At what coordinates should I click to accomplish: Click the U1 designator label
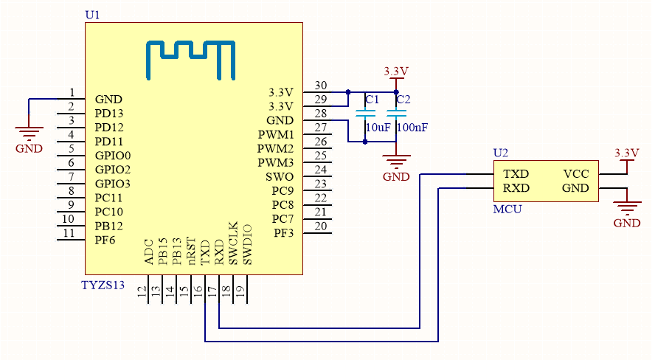click(92, 15)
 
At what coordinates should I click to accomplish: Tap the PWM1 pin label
click(276, 135)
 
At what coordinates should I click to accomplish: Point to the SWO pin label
click(280, 177)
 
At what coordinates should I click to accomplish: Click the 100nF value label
click(412, 128)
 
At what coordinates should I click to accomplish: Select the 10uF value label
click(378, 128)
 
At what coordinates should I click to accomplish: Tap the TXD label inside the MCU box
click(516, 174)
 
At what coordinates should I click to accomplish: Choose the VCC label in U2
click(576, 174)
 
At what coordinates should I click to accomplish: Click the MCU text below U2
click(507, 210)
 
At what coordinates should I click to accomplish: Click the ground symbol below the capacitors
click(397, 164)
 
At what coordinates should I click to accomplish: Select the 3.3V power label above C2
click(396, 71)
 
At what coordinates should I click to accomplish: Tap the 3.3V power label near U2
click(626, 153)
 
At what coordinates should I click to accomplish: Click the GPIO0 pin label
click(112, 156)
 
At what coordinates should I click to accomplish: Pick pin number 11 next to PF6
click(69, 233)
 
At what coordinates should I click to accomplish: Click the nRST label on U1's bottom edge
click(191, 251)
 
